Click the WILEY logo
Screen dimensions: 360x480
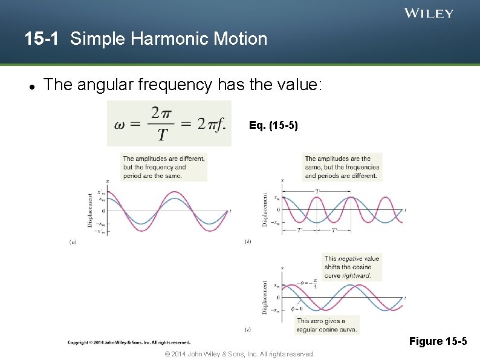tap(429, 13)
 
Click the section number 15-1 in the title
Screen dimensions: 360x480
tap(42, 39)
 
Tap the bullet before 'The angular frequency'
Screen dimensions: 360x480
tap(30, 85)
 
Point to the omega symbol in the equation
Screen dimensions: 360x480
tap(120, 124)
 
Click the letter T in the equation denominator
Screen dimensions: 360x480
tap(163, 134)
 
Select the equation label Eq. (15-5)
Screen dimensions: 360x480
tap(273, 126)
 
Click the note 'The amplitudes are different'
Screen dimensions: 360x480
tap(164, 167)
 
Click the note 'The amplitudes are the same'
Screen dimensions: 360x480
tap(342, 167)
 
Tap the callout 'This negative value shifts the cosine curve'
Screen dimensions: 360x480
tap(352, 267)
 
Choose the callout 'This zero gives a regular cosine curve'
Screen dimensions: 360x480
tap(327, 326)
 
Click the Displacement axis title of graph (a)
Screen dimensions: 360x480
tap(91, 209)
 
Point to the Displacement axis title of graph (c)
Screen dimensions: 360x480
tap(265, 297)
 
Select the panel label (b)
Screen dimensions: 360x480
tap(248, 241)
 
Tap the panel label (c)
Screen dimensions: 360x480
tap(248, 330)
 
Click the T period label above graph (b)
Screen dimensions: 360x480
tap(317, 191)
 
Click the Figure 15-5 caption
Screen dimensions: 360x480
tap(438, 342)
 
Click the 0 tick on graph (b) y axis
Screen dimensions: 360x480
tap(277, 210)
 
